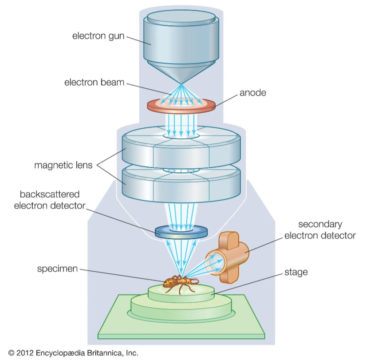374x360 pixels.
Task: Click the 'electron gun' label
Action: point(98,36)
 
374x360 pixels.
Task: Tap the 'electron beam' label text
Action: point(94,83)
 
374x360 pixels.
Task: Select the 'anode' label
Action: point(253,93)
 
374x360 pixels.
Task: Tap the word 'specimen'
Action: point(57,269)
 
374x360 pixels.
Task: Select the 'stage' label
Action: point(295,272)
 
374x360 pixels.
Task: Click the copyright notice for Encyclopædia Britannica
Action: point(74,353)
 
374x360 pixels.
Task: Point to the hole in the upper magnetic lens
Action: point(181,134)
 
